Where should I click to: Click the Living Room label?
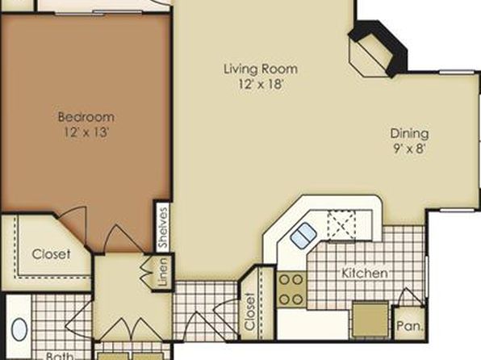[261, 69]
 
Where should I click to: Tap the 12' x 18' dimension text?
[260, 84]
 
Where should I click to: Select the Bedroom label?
[86, 117]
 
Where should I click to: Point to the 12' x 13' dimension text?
[86, 132]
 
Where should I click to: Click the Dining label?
[409, 134]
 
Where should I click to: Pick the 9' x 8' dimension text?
[409, 149]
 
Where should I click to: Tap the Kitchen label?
[365, 273]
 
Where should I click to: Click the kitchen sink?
[303, 235]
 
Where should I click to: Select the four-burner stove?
[291, 290]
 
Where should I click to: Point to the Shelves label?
[163, 228]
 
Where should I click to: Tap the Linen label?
[163, 271]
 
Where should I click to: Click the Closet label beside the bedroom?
[51, 254]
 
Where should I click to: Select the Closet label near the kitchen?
[249, 312]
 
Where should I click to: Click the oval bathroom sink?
[19, 329]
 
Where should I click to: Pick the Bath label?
[60, 356]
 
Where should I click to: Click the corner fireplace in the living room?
[377, 49]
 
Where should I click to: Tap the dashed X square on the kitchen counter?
[341, 224]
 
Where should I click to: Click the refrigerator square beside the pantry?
[370, 319]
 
